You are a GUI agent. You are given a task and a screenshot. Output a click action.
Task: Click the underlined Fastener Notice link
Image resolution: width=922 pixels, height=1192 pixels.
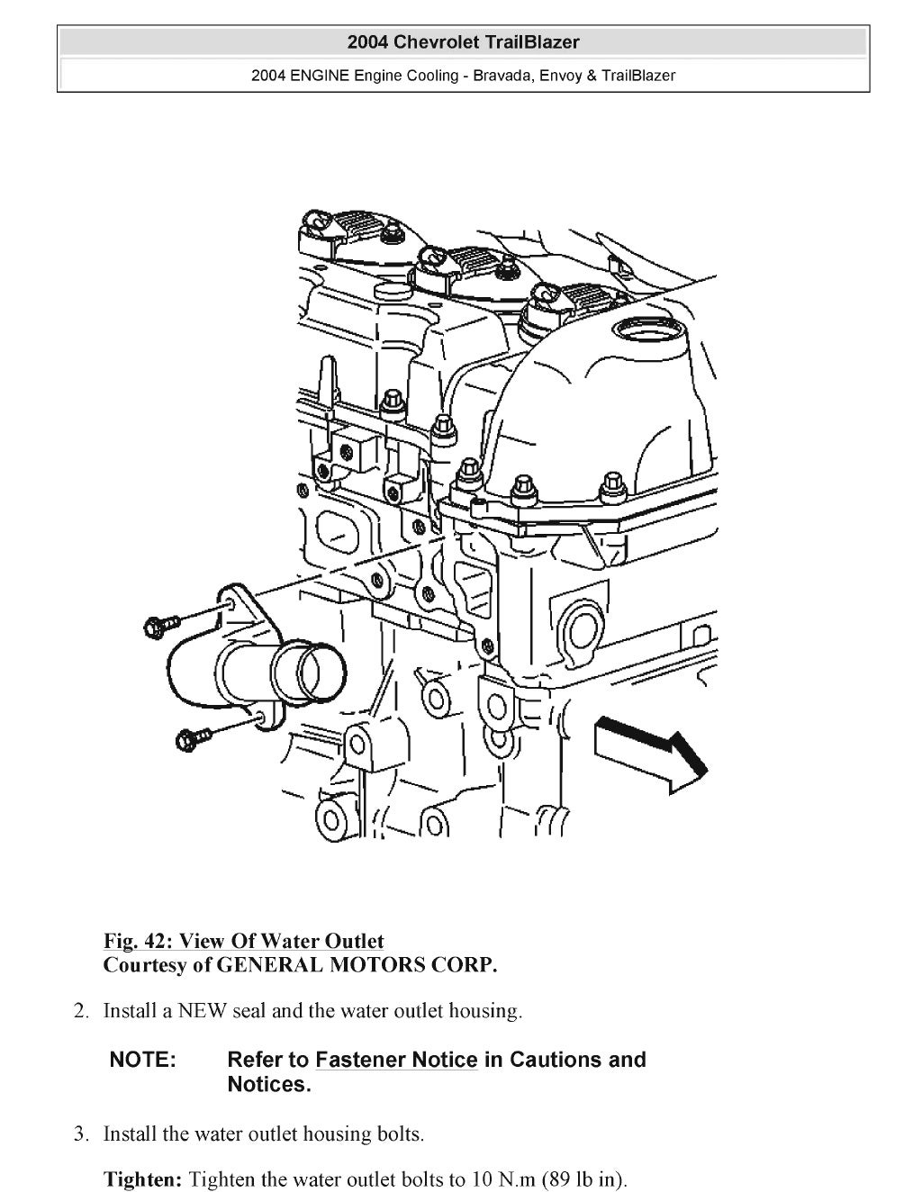point(396,1060)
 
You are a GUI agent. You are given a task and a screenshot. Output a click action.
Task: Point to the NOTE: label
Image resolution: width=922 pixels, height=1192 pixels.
point(142,1060)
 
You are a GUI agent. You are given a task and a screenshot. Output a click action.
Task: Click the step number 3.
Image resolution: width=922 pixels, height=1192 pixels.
point(81,1133)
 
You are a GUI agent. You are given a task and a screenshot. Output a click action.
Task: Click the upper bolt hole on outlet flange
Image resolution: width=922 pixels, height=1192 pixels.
point(233,602)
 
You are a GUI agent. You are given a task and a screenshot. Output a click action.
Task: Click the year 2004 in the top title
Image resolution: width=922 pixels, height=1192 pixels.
point(368,41)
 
